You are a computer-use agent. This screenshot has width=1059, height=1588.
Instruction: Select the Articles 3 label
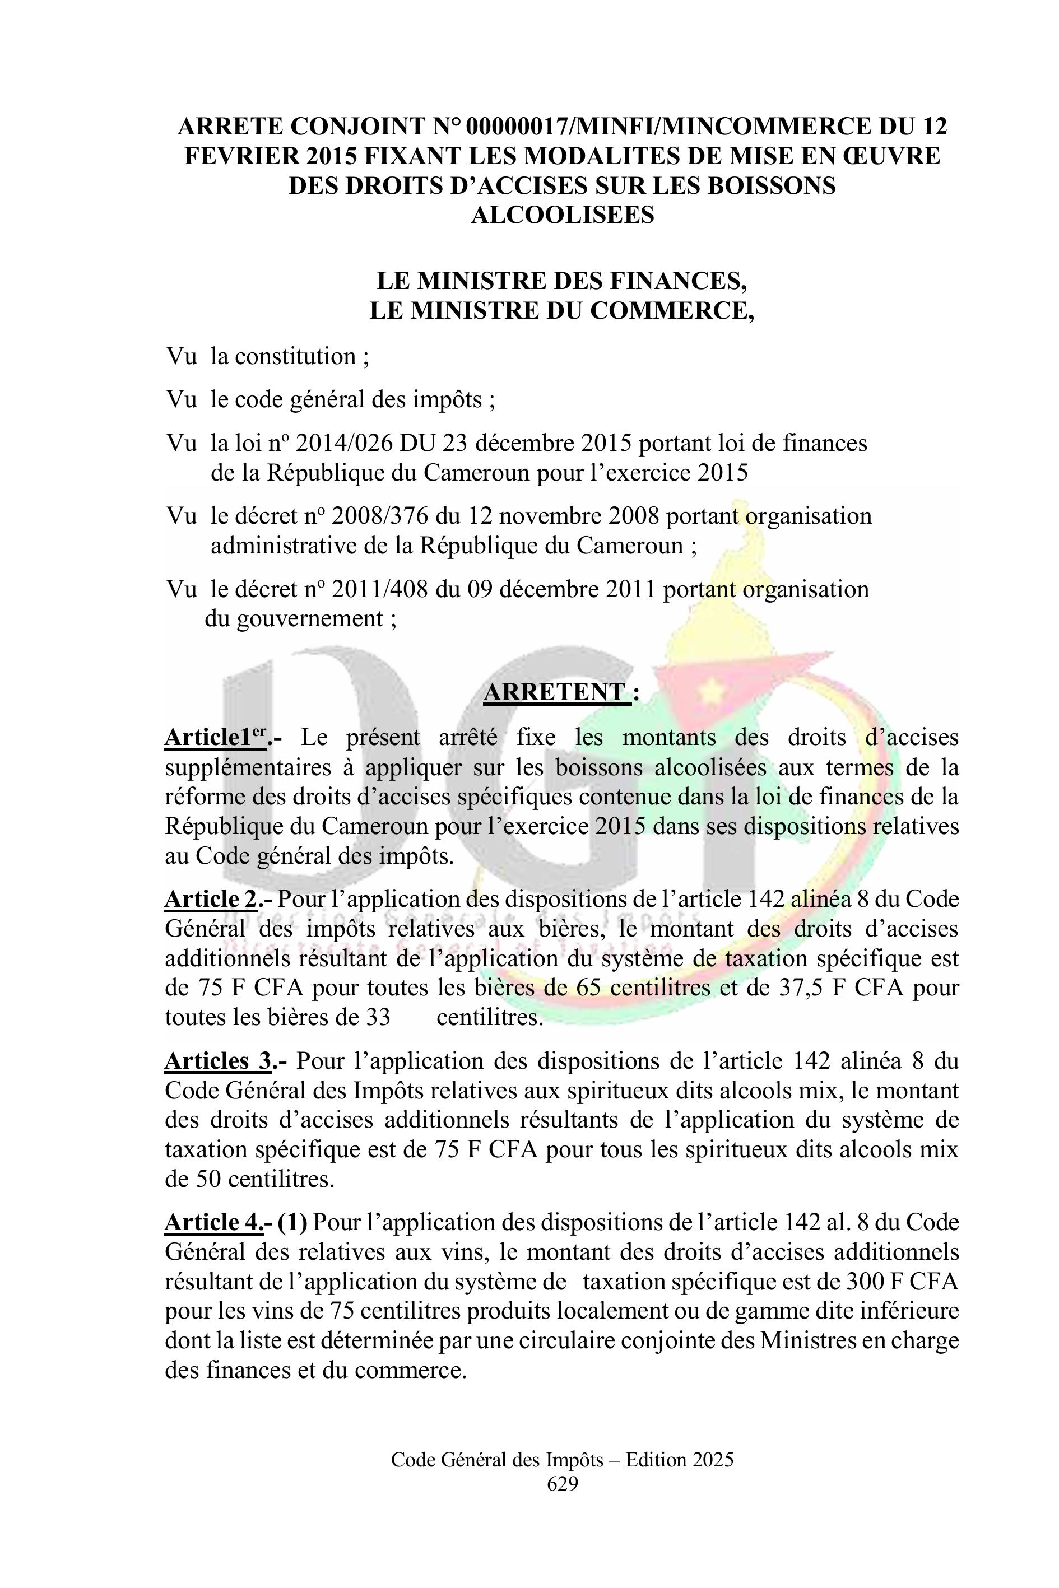point(218,1061)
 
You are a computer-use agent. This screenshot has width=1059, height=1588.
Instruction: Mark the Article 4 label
point(213,1223)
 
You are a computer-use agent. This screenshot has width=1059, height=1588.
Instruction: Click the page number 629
point(562,1483)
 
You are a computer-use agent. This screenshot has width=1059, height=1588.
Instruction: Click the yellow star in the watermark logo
point(710,690)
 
